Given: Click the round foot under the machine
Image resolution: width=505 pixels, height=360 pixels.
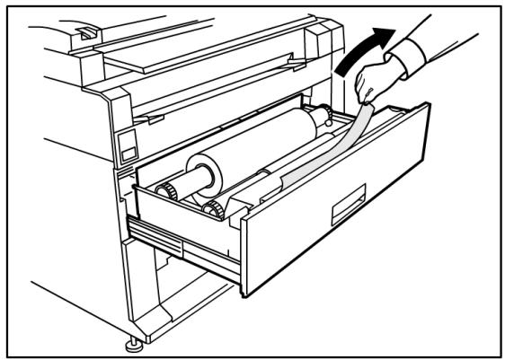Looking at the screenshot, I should pos(134,342).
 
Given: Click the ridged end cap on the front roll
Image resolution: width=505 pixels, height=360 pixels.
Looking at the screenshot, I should pos(212,209).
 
